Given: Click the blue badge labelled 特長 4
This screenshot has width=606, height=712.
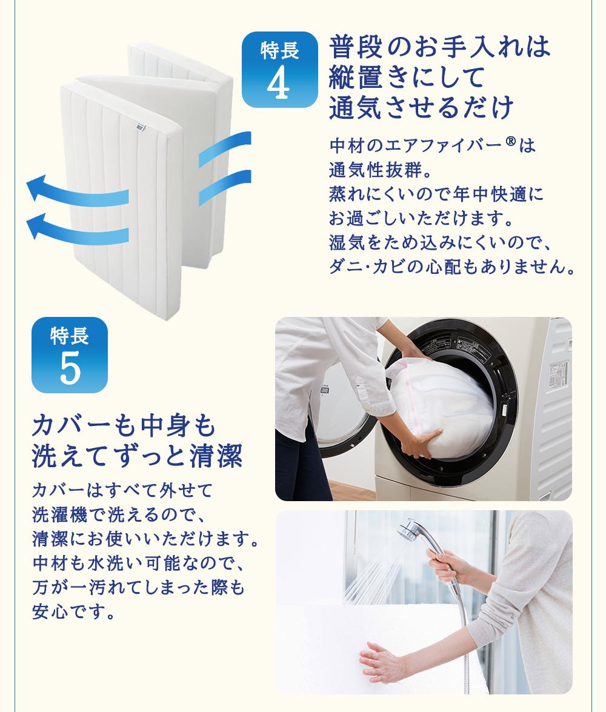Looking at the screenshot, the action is coord(279,70).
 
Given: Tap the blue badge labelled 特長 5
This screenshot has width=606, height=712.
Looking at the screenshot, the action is coord(70,354).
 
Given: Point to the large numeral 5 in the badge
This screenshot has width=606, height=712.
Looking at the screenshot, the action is coord(70,368).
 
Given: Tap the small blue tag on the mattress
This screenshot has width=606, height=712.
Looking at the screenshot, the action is coord(141,128).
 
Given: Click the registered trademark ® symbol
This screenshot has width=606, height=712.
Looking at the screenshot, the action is coord(511,142).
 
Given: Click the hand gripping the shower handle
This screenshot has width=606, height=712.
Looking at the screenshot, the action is coord(447,565).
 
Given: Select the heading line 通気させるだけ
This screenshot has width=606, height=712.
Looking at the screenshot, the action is coord(422,108).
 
